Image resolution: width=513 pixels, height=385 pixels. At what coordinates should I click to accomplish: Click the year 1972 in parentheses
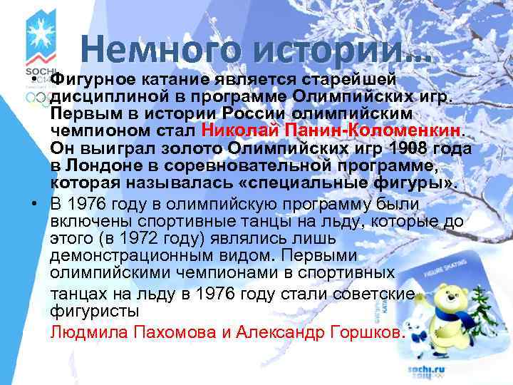136,239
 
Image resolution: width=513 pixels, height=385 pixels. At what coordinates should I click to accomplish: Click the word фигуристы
96,312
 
